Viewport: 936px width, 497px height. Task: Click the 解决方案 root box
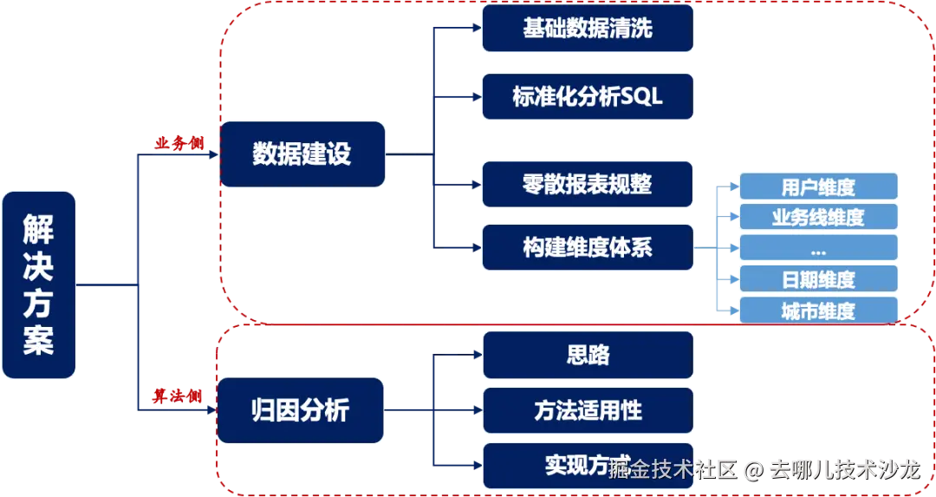[39, 284]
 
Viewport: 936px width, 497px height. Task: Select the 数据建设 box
[302, 154]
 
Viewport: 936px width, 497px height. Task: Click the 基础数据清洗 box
[588, 29]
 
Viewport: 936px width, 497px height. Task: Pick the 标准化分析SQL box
[588, 96]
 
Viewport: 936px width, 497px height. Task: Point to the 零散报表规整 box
[588, 184]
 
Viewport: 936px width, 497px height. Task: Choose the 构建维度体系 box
[588, 248]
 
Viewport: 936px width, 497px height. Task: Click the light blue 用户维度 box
[817, 186]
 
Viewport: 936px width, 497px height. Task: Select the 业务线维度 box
[817, 217]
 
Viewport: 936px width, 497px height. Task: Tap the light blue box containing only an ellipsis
[817, 249]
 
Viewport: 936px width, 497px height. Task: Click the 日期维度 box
[817, 279]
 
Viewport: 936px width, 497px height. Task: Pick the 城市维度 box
[817, 311]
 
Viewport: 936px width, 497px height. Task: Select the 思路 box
[588, 355]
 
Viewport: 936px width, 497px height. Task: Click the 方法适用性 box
[588, 410]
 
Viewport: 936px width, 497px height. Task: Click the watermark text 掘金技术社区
[673, 470]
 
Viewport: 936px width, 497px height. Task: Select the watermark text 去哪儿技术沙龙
[844, 470]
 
